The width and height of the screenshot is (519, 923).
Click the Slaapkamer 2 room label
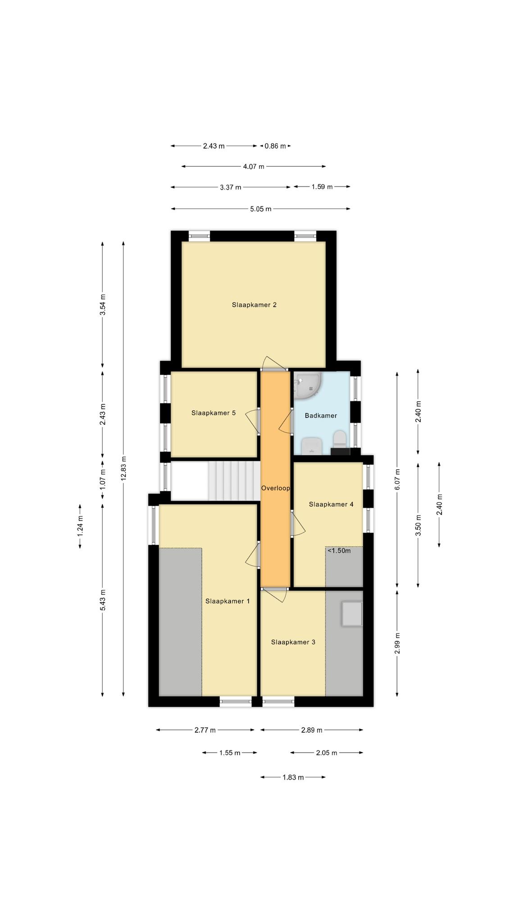(x=254, y=305)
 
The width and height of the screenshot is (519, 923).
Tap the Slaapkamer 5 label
(x=214, y=412)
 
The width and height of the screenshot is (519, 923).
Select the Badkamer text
(x=321, y=416)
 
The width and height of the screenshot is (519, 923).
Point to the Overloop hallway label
(x=276, y=488)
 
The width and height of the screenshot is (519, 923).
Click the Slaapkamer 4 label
(x=331, y=504)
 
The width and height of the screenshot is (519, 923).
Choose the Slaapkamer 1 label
(x=228, y=601)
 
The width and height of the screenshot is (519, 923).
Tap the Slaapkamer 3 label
(x=293, y=642)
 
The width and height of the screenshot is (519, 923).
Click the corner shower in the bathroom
(x=307, y=385)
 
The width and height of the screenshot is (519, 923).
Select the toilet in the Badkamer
(x=340, y=439)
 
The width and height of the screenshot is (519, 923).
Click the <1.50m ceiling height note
(x=339, y=550)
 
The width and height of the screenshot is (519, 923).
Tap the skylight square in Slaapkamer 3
(x=352, y=614)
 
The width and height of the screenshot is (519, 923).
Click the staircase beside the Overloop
(x=234, y=480)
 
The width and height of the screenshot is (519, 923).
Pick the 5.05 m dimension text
(x=261, y=209)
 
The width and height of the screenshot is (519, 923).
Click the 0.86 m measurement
(x=275, y=146)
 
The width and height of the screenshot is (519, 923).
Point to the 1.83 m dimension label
(x=293, y=777)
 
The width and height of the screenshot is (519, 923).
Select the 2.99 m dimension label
(x=397, y=643)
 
